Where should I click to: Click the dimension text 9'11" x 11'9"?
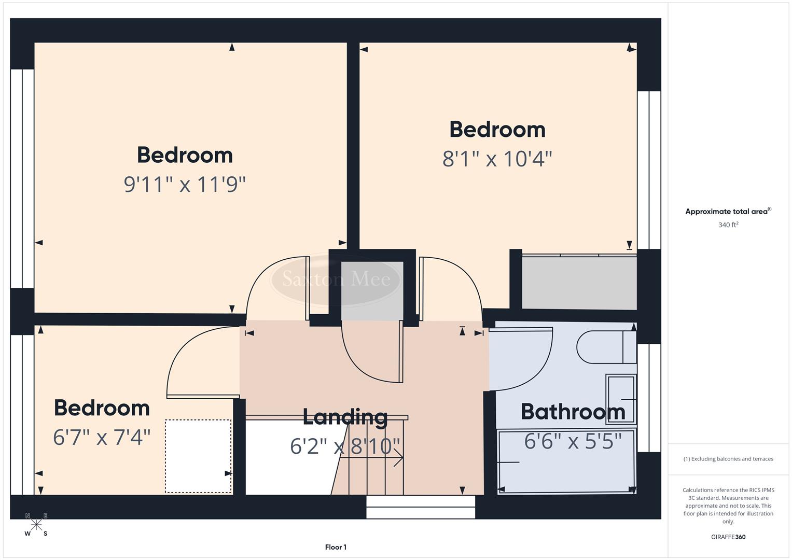coord(185,184)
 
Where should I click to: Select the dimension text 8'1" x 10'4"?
coord(497,159)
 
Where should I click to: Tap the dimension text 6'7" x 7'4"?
coord(102,437)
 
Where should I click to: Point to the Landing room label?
coord(345,417)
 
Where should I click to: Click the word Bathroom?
coord(573,412)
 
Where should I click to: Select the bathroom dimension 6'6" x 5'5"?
coord(573,441)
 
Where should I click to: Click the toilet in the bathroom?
coord(604,347)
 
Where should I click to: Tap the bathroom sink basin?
coord(621,399)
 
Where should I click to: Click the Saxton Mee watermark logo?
coord(336,279)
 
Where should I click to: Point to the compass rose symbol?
coord(36,524)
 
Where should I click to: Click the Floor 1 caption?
coord(336,547)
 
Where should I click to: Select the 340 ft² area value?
coord(728,225)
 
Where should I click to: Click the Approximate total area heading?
coord(728,212)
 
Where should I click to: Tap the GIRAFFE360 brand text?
coord(728,537)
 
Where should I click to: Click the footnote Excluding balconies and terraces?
coord(728,459)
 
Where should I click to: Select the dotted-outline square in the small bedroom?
coord(198,456)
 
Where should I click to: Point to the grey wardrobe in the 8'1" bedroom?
coord(579,283)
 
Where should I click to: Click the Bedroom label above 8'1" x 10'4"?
coord(497,130)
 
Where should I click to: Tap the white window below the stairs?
coord(421,507)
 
